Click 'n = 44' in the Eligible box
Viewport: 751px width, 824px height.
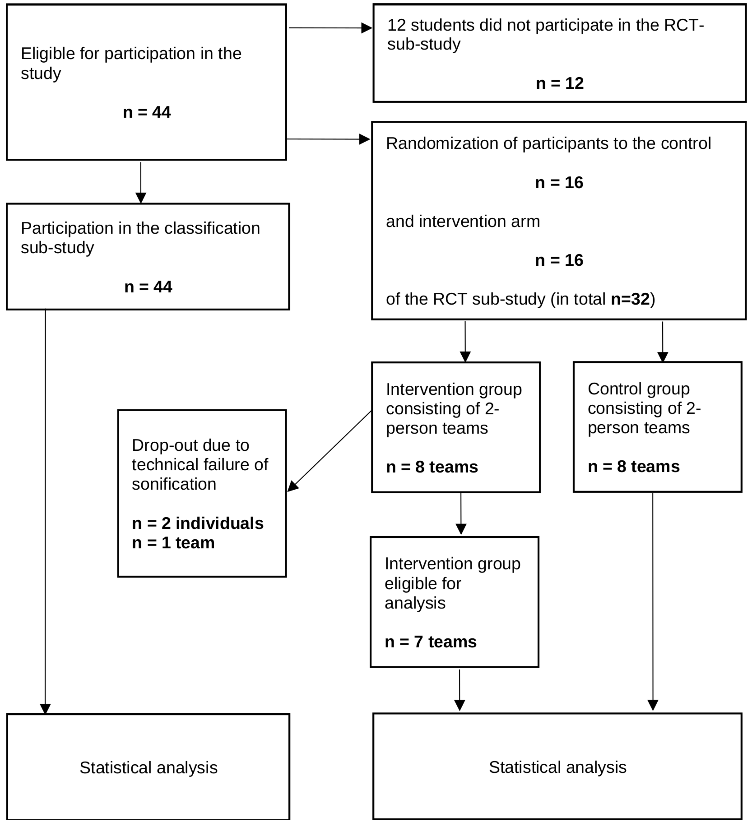tap(147, 112)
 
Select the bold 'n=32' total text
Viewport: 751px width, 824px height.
tap(630, 299)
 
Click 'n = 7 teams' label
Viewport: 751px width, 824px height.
tap(431, 642)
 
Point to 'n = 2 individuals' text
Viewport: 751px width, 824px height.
tap(198, 523)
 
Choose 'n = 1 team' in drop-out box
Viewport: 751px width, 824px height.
tap(173, 543)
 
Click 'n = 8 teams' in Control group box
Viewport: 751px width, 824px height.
tap(633, 466)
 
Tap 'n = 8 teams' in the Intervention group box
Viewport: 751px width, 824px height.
tap(432, 467)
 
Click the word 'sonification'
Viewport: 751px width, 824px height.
tap(174, 484)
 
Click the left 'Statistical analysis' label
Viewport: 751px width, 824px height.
tap(148, 768)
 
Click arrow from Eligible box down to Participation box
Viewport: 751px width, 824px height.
tap(141, 182)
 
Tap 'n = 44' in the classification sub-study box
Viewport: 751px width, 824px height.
tap(148, 287)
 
